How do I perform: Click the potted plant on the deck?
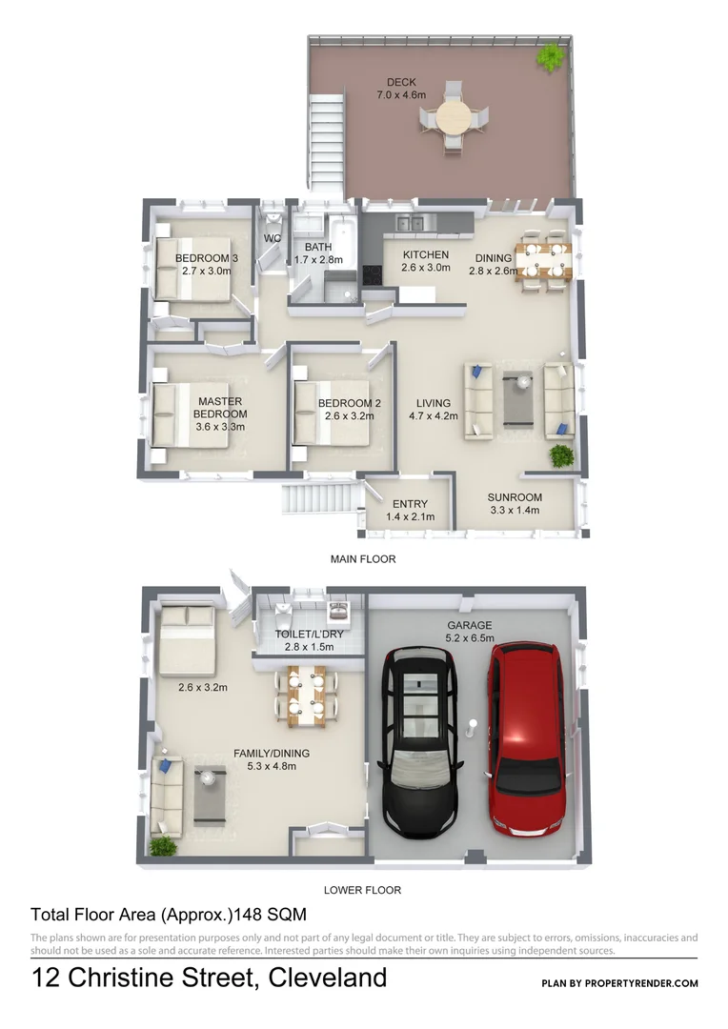coord(550,58)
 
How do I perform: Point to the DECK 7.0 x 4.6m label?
coord(401,89)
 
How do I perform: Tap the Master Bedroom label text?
coord(220,414)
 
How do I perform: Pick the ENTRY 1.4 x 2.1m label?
coord(410,510)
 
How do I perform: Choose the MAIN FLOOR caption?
coord(362,559)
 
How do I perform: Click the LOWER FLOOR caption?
coord(362,890)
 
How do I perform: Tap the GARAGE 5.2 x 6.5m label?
coord(469,633)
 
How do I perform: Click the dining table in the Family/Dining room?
coord(306,694)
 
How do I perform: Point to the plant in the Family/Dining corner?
coord(163,844)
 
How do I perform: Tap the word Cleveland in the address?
coord(328,978)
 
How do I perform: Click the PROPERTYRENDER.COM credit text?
coord(619,983)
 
